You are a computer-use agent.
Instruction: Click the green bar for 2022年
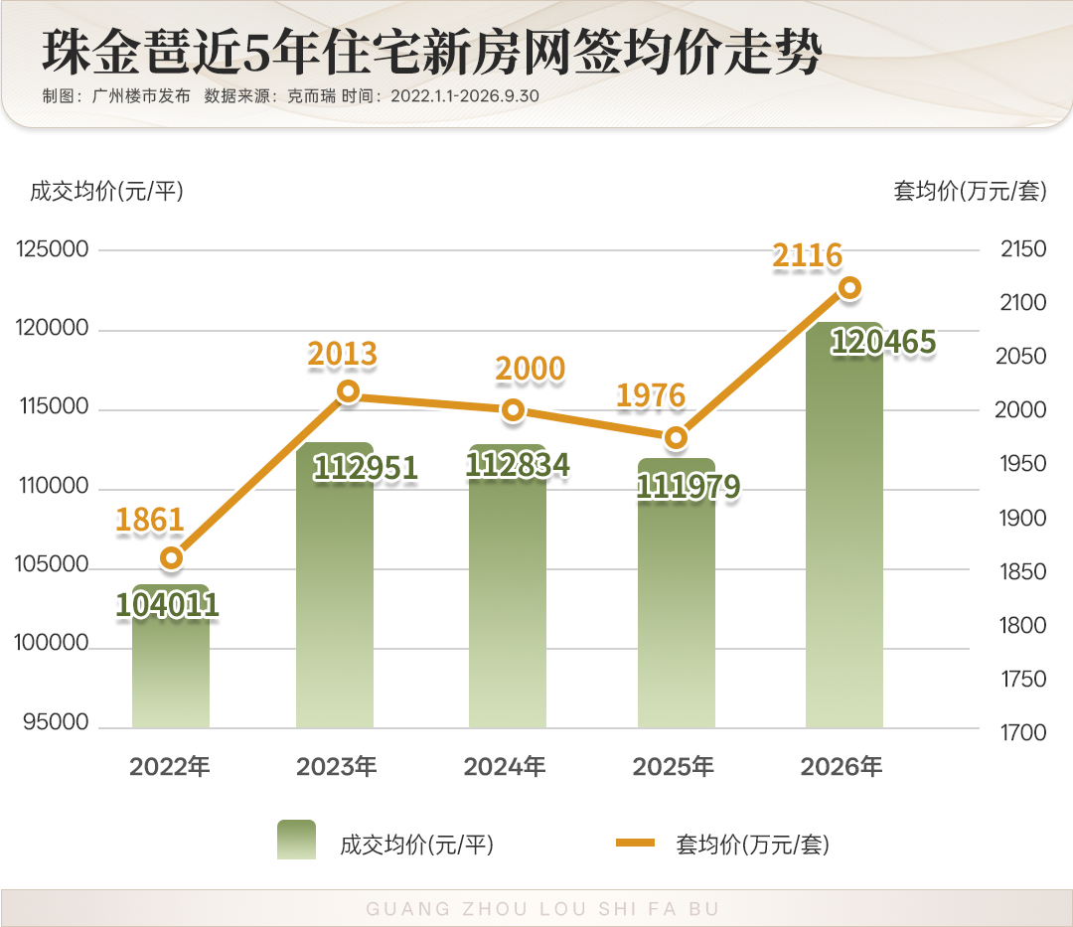[x=171, y=656]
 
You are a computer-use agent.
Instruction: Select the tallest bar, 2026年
[x=844, y=525]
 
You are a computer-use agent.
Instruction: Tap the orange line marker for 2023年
[x=349, y=391]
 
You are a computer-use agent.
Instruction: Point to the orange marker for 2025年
[x=676, y=437]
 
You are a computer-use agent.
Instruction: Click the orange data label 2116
[x=808, y=256]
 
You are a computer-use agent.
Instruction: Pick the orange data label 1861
[x=150, y=520]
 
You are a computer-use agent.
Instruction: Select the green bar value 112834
[x=518, y=465]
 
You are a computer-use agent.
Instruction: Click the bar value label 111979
[x=689, y=487]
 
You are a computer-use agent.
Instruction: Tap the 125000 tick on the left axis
[x=52, y=249]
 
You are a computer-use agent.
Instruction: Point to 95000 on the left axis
[x=56, y=721]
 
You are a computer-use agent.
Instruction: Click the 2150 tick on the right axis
[x=1023, y=249]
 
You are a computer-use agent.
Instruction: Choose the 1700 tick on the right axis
[x=1023, y=732]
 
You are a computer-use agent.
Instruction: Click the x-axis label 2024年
[x=505, y=767]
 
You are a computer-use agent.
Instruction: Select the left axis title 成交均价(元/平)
[x=106, y=192]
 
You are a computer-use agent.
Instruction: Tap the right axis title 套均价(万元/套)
[x=971, y=192]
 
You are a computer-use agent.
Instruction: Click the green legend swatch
[x=296, y=840]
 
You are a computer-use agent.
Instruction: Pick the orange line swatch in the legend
[x=635, y=843]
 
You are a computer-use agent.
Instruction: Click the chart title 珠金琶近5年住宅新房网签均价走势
[x=432, y=52]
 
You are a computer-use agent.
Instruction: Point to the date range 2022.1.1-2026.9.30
[x=465, y=95]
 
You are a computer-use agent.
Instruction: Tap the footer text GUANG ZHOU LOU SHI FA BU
[x=542, y=908]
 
